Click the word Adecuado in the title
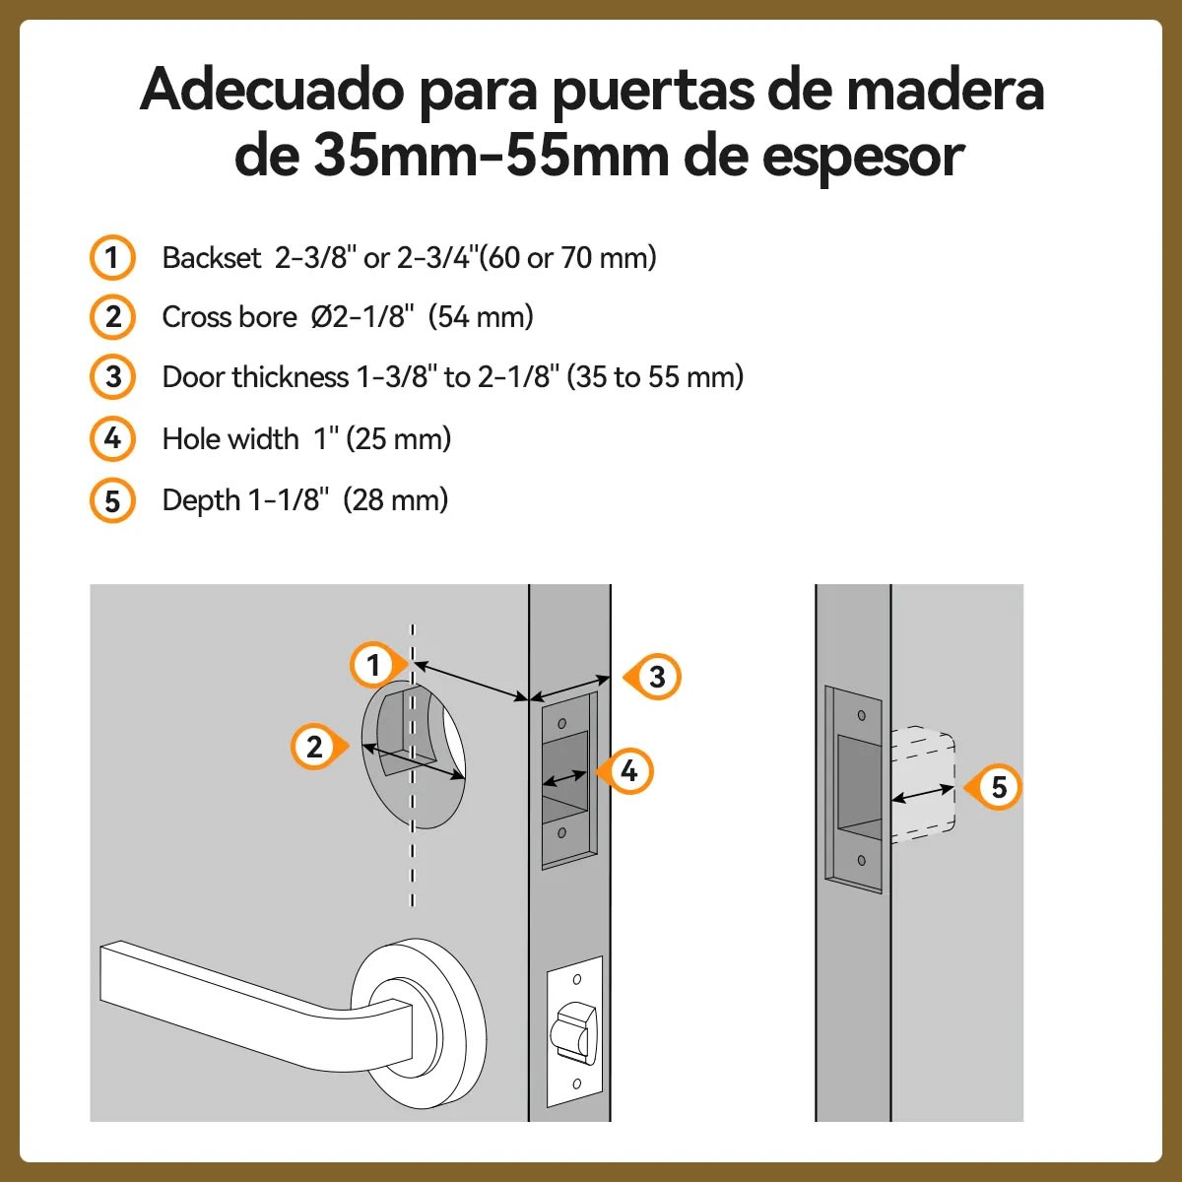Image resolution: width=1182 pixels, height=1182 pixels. [x=272, y=91]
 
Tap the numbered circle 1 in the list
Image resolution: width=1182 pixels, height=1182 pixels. [x=112, y=258]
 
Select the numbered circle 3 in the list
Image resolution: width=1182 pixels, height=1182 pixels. [x=112, y=377]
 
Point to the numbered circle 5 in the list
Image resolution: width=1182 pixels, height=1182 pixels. [x=112, y=500]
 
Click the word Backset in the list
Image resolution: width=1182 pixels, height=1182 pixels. [x=212, y=258]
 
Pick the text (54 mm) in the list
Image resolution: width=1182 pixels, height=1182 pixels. [x=481, y=317]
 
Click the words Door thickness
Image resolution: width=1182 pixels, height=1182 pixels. [x=255, y=377]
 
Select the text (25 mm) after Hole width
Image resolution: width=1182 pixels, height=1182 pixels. [x=398, y=438]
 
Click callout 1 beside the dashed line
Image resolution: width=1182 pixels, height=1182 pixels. [x=373, y=666]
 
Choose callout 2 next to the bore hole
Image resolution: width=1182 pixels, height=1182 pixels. [x=314, y=747]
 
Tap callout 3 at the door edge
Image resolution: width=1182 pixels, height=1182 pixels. [x=657, y=677]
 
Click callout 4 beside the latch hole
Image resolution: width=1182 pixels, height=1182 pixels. [x=628, y=770]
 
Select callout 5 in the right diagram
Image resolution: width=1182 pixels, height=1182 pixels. [x=998, y=787]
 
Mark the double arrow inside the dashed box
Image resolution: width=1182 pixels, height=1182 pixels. [x=923, y=794]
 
